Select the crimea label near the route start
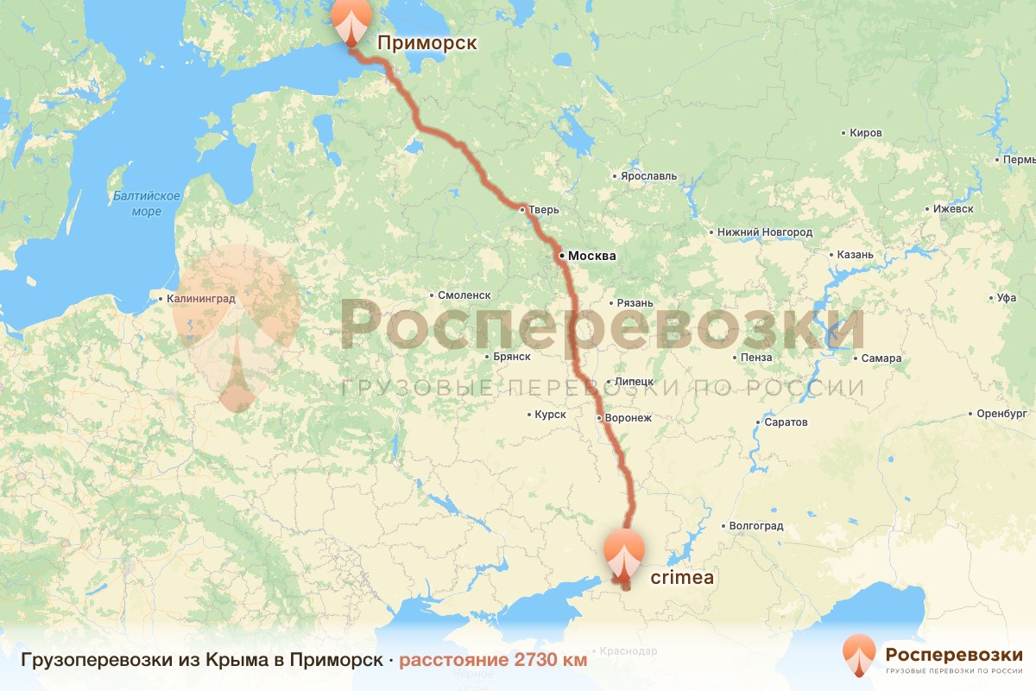682,578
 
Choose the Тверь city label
545,209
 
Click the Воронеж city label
629,418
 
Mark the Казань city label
856,255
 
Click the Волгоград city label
755,525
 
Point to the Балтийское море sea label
147,204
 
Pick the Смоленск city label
464,295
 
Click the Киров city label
866,133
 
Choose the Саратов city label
786,422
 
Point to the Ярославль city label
648,176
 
